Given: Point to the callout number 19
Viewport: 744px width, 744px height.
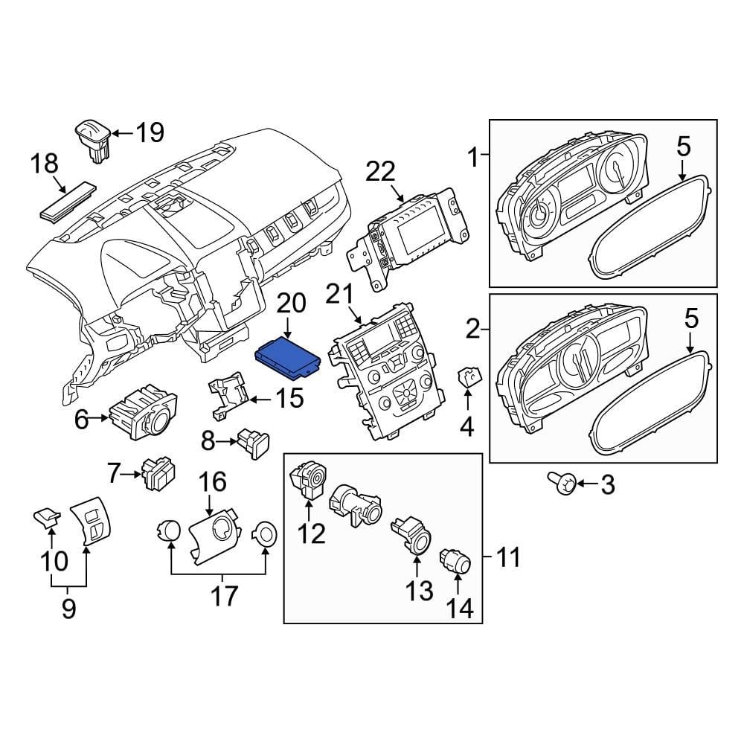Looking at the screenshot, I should (x=150, y=133).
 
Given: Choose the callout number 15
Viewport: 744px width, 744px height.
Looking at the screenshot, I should (x=289, y=399).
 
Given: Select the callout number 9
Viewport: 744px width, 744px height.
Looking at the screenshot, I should (x=68, y=610).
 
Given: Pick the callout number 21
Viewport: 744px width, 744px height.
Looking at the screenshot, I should (x=341, y=298).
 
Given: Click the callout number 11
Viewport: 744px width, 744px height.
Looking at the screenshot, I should (x=508, y=556).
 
